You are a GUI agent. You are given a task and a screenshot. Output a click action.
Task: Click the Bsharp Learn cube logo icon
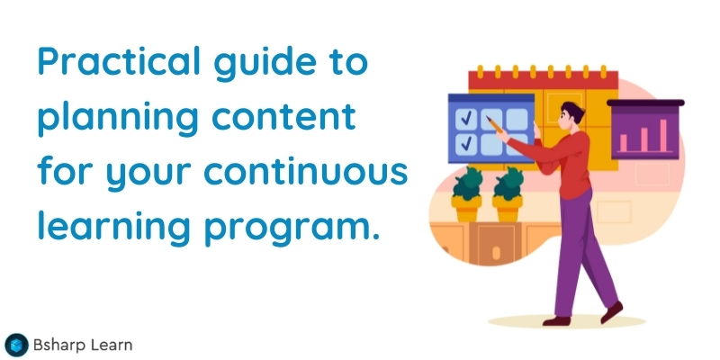(16, 344)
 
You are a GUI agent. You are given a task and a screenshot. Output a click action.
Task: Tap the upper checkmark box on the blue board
(467, 118)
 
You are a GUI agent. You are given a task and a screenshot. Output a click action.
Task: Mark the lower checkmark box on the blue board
(467, 143)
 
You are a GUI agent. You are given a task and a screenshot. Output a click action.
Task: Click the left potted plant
(467, 194)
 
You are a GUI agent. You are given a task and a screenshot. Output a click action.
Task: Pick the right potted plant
(508, 194)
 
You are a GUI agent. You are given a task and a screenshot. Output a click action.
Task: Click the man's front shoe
(612, 311)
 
